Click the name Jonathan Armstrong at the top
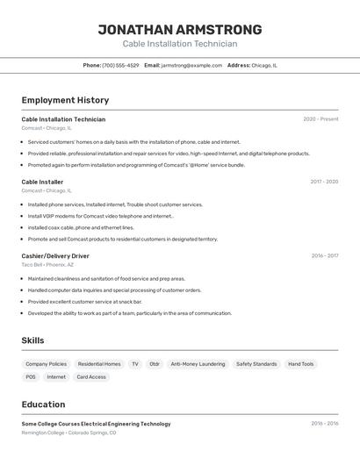[x=179, y=30]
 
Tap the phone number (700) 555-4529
[x=120, y=65]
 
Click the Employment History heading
[x=65, y=100]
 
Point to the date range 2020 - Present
[x=320, y=119]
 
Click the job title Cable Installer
[x=42, y=182]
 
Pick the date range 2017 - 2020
[x=324, y=182]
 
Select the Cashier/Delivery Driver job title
[x=55, y=256]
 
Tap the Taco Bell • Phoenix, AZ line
[x=47, y=264]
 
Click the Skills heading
[x=33, y=340]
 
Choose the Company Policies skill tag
[x=46, y=364]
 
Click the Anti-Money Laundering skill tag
[x=198, y=364]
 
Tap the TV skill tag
[x=134, y=364]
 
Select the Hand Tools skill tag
[x=300, y=364]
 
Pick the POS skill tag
[x=31, y=377]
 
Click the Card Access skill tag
[x=91, y=377]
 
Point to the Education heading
[x=43, y=404]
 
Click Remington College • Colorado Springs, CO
[x=68, y=432]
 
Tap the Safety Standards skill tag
[x=256, y=364]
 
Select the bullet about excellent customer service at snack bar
[x=84, y=302]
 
